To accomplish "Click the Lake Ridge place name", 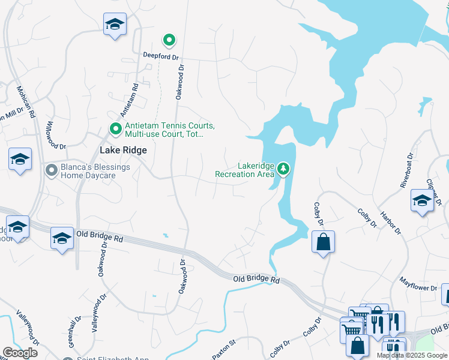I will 122,151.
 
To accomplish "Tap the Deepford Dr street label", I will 161,55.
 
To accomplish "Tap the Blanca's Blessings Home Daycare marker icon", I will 52,171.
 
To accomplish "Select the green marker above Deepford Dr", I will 169,41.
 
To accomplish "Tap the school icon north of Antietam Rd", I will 115,24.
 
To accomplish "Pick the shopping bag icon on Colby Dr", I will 323,242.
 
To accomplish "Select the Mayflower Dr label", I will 418,284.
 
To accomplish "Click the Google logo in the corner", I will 20,353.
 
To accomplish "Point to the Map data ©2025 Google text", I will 412,355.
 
